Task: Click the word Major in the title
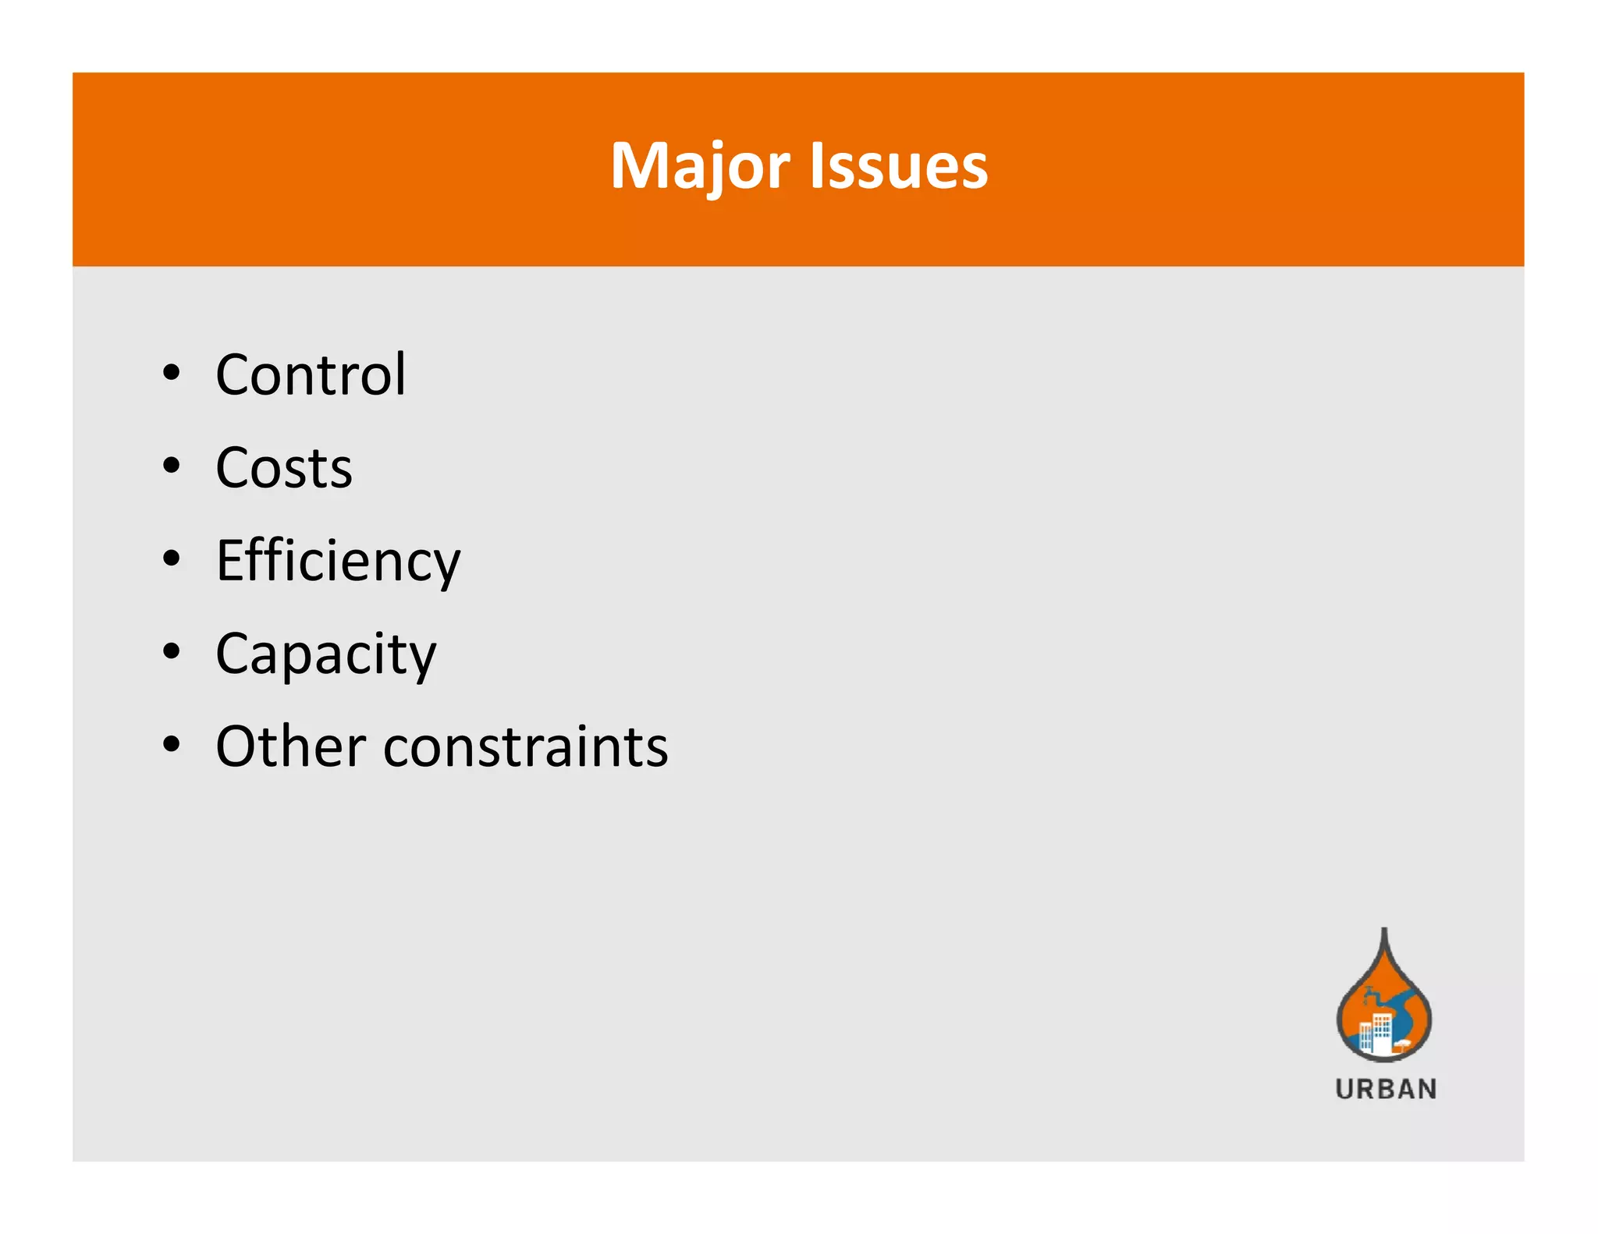(700, 166)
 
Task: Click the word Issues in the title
(899, 166)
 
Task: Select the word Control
(311, 375)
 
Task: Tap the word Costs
(284, 468)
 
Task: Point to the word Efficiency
(338, 562)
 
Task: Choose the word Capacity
(325, 654)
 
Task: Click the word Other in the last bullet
(290, 746)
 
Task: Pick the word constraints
(526, 747)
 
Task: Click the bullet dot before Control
(172, 374)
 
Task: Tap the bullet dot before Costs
(172, 466)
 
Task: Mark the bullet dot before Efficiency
(172, 559)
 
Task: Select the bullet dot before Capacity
(172, 652)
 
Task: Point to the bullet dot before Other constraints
(172, 745)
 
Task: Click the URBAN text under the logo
(1386, 1089)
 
